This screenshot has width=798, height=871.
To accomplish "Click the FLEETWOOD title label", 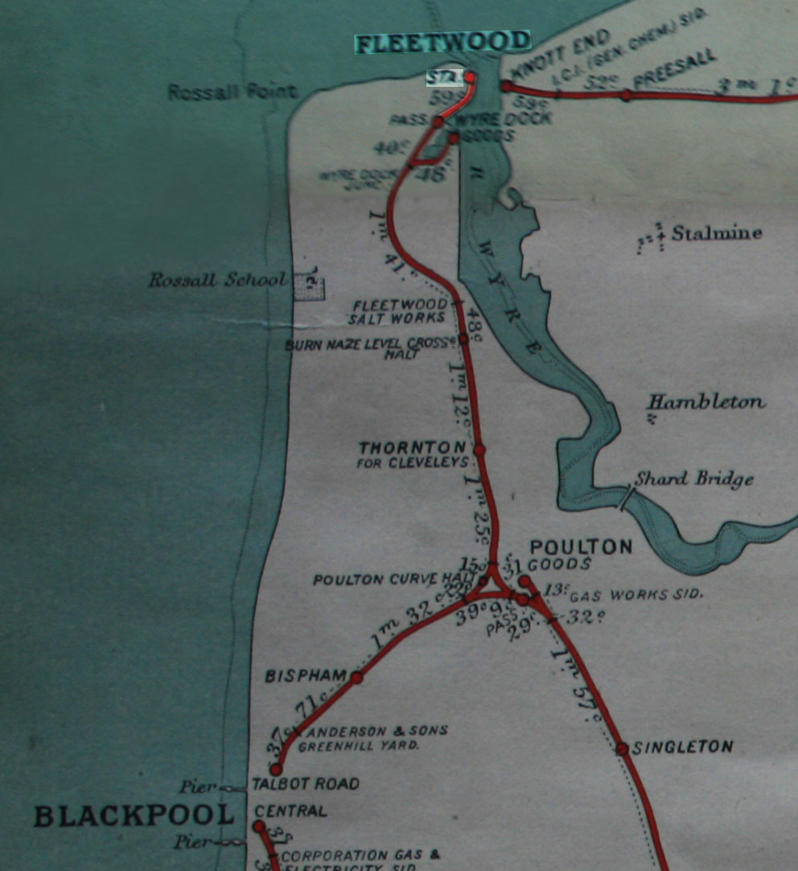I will [x=442, y=43].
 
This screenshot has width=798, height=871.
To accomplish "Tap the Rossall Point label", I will [x=232, y=92].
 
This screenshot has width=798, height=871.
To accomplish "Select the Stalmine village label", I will [x=717, y=233].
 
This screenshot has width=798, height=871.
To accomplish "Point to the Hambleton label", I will [x=707, y=402].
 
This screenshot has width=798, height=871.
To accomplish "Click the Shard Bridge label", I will [x=694, y=479].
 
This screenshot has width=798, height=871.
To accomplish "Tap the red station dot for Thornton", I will [x=479, y=450].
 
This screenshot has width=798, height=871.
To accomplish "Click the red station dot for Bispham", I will [x=356, y=678].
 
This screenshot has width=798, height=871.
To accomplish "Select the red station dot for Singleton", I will [x=622, y=749].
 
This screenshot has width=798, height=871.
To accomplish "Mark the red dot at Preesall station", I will [x=626, y=95].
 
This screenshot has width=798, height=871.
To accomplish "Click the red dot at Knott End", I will [x=507, y=86].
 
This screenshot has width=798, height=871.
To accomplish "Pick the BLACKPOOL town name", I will [x=134, y=816].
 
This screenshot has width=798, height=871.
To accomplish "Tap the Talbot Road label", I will [x=305, y=784].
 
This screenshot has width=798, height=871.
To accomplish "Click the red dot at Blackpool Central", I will [x=259, y=827].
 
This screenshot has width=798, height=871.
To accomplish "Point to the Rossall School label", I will [x=217, y=281].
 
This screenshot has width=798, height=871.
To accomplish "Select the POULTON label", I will [x=580, y=547].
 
